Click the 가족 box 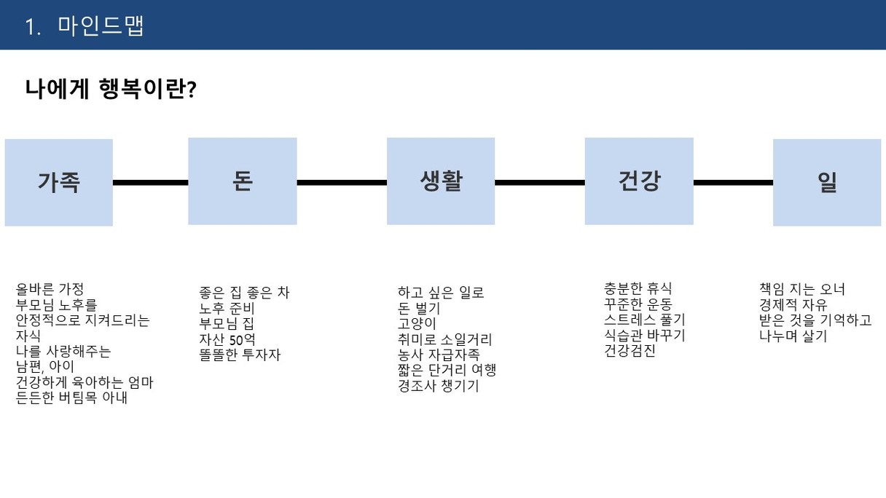click(x=58, y=182)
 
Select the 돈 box click(x=243, y=181)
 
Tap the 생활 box click(x=441, y=181)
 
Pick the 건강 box click(x=639, y=181)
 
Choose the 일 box click(x=827, y=182)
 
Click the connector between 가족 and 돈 click(x=150, y=183)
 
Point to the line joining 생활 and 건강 click(x=540, y=183)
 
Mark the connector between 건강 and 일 click(x=733, y=183)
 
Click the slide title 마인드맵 click(x=101, y=26)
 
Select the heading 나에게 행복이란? click(x=111, y=89)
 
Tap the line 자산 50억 click(x=227, y=339)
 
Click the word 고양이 click(x=417, y=324)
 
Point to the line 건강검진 click(x=630, y=351)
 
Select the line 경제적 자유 click(x=793, y=305)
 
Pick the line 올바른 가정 click(x=50, y=289)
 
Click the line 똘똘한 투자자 click(x=240, y=355)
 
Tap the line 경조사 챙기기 click(x=438, y=386)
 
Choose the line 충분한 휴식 click(x=638, y=288)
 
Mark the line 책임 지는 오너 click(x=801, y=289)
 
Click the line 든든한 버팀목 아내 click(x=71, y=398)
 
